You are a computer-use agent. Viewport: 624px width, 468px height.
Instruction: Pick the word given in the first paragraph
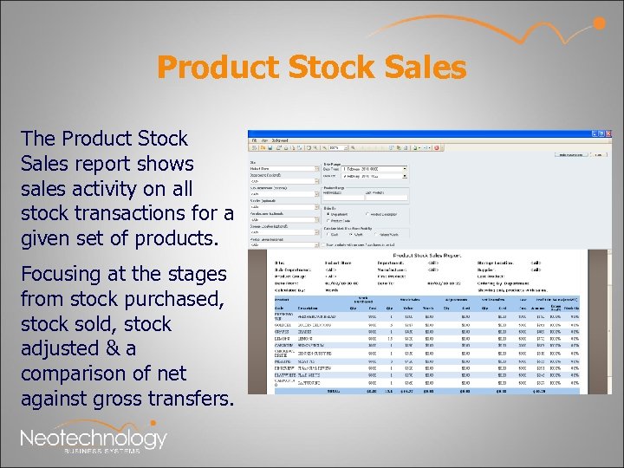coord(50,238)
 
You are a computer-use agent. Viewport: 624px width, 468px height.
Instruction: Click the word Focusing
coord(62,275)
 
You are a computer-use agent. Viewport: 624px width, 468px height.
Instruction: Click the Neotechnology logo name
coord(93,438)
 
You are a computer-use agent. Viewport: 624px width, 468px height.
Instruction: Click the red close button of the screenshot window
coord(608,134)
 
